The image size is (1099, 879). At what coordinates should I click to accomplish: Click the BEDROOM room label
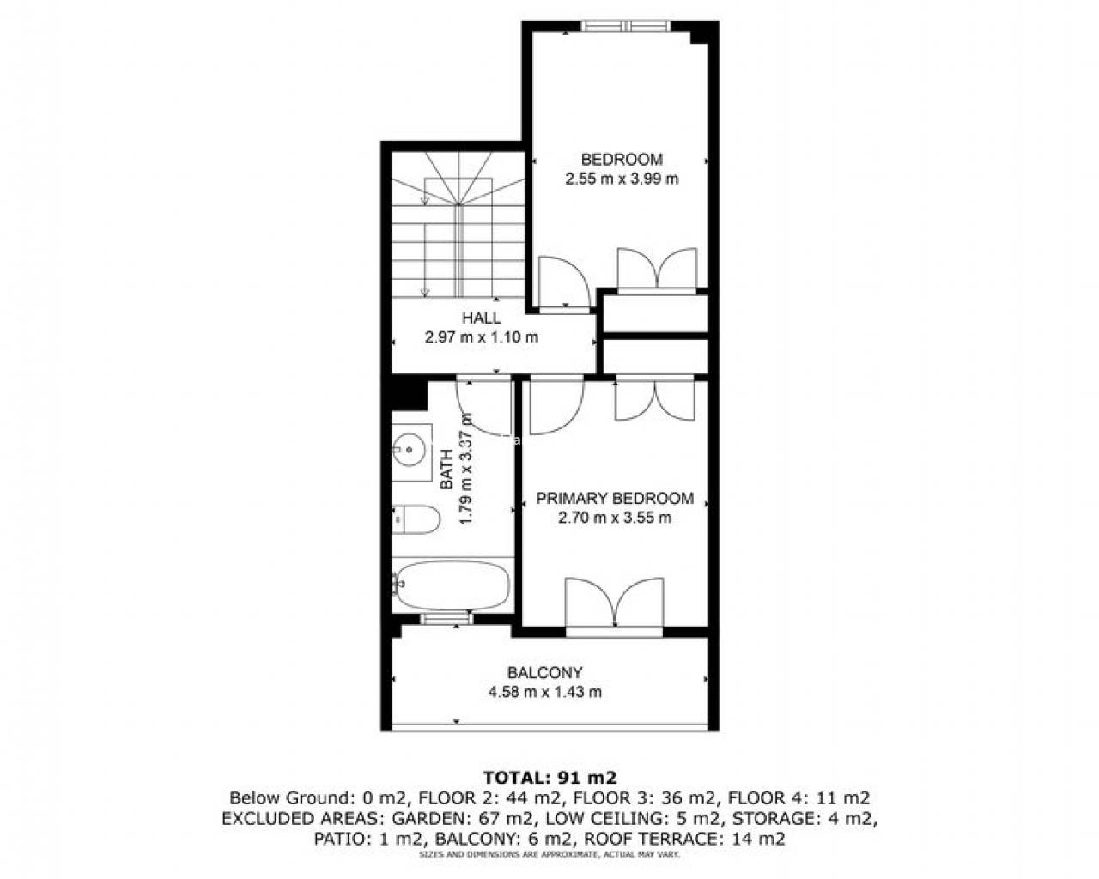point(622,160)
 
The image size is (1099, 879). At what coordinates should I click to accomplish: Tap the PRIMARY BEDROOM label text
point(615,498)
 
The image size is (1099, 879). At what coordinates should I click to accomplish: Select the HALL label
point(481,318)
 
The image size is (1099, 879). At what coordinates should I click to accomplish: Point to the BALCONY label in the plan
point(544,672)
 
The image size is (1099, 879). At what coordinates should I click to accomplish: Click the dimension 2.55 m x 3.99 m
point(622,179)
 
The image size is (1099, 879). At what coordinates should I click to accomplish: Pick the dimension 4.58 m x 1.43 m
point(544,692)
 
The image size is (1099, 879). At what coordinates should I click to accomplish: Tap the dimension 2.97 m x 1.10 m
point(481,337)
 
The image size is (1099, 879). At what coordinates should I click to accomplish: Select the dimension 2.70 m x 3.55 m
point(615,518)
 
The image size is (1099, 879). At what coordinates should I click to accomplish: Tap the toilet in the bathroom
point(416,520)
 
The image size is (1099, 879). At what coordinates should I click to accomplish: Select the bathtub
point(452,585)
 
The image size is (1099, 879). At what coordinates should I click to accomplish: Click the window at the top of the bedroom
point(626,26)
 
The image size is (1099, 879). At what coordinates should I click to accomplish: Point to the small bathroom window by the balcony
point(446,619)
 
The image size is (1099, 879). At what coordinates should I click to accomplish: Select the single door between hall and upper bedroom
point(565,284)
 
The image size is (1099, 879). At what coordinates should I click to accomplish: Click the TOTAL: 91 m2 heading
point(549,778)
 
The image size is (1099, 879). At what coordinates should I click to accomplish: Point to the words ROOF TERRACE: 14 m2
point(684,839)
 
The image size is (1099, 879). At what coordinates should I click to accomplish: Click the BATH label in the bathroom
point(446,469)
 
